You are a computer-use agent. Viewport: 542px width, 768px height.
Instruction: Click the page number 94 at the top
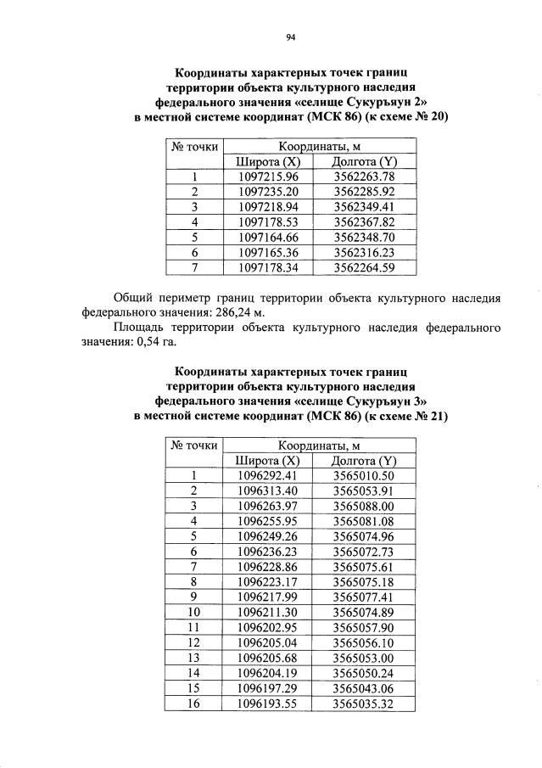point(290,36)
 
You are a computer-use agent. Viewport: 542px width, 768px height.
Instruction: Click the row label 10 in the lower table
point(194,611)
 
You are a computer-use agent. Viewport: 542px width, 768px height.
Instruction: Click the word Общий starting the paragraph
point(135,297)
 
